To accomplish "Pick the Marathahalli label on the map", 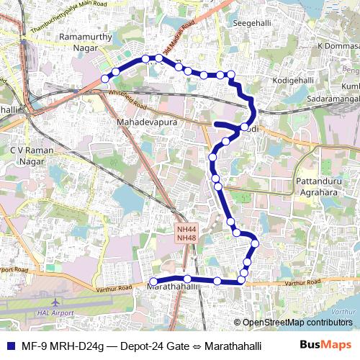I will point(172,287).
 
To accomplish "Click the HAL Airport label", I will point(54,314).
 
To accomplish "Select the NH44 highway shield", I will point(186,230).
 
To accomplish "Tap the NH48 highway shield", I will point(186,238).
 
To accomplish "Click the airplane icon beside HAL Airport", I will point(57,302).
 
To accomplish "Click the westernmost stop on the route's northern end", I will point(105,78).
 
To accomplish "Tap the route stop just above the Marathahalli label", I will point(187,279).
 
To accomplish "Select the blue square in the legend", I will point(9,346).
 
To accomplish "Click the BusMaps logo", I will point(326,345).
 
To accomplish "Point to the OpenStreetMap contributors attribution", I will point(297,322).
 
